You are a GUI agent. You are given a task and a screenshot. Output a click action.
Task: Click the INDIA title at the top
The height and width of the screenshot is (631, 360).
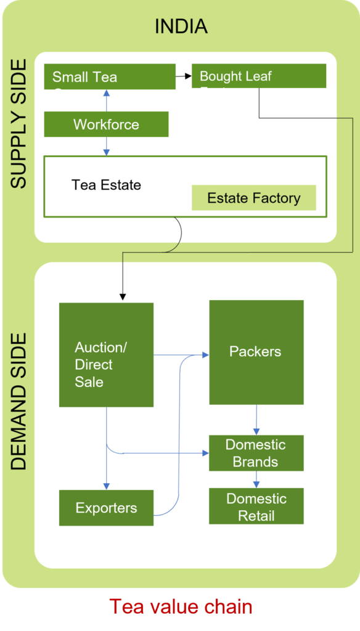(x=181, y=26)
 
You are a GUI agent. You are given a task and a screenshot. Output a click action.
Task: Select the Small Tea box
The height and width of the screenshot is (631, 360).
(x=110, y=77)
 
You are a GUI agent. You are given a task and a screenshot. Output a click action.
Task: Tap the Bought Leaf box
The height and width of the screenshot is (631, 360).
(x=259, y=76)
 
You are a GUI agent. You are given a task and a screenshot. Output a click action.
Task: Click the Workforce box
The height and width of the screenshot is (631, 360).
(x=106, y=124)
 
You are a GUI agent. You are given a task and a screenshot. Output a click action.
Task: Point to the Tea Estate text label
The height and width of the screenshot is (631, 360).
(x=106, y=185)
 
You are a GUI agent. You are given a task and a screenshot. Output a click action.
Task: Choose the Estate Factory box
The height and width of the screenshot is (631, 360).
(x=253, y=198)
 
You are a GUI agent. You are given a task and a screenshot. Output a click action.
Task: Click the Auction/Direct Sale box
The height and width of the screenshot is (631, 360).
(x=106, y=354)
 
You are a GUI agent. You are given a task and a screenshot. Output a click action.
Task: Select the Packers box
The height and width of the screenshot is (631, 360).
(x=256, y=352)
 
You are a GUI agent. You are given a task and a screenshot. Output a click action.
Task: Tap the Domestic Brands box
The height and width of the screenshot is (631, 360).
(x=256, y=453)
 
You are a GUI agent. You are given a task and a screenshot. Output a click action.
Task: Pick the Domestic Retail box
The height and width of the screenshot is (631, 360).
(x=256, y=507)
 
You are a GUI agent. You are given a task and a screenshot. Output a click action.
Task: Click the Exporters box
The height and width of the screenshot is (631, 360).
(x=106, y=508)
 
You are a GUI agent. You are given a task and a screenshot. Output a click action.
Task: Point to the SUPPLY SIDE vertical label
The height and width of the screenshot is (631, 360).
(x=19, y=123)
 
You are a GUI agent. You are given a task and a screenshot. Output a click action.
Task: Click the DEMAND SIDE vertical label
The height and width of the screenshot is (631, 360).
(x=19, y=401)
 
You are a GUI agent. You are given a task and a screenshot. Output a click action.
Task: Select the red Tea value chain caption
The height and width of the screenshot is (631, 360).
(x=181, y=606)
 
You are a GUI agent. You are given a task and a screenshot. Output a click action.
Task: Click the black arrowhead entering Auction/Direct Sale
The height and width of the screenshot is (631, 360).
(x=123, y=297)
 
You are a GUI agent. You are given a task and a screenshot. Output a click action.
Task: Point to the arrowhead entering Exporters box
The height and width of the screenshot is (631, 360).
(x=107, y=486)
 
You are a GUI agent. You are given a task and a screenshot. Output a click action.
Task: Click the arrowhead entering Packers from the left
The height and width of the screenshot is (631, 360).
(x=205, y=355)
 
